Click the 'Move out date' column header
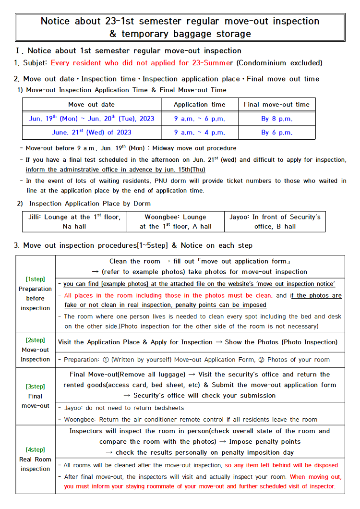coord(91,104)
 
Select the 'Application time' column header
coord(199,104)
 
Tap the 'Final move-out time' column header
coord(276,104)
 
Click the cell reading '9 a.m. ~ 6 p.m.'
coord(199,119)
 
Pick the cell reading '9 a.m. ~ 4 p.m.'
coord(199,133)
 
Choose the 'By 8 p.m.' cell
coord(276,119)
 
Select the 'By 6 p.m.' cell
coord(276,133)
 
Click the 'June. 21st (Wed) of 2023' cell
coord(91,133)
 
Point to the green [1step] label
coord(35,279)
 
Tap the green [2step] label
coord(35,340)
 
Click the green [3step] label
coord(35,387)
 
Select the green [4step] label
coord(35,449)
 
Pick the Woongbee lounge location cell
coord(175,221)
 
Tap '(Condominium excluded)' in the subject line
coord(279,63)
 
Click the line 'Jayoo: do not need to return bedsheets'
coord(124,408)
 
